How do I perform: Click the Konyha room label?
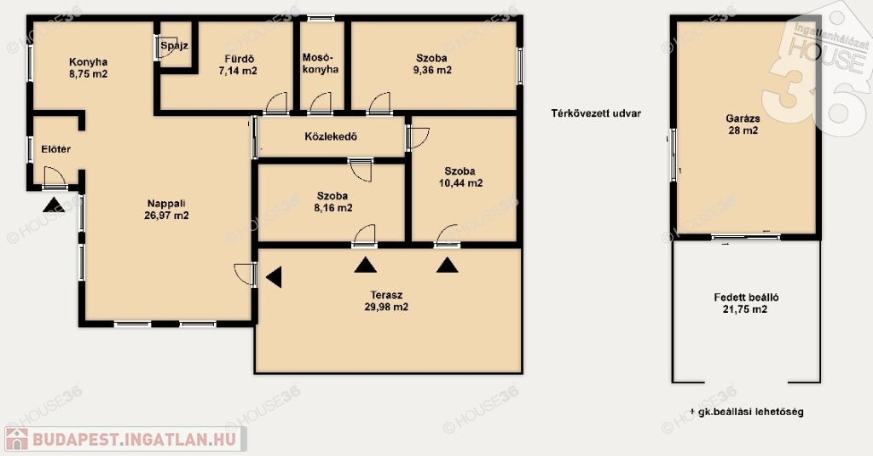pos(88,62)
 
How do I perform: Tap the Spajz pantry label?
pos(174,46)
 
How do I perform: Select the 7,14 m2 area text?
pos(238,71)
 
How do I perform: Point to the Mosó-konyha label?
pos(321,63)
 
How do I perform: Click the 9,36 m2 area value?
pos(432,70)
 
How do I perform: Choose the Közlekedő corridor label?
pos(331,136)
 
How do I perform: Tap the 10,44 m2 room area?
pos(460,183)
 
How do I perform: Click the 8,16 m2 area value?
pos(333,208)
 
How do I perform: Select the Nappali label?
pos(166,203)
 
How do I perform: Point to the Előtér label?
pos(56,149)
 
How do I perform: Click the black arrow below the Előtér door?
pos(54,205)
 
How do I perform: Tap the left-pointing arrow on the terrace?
pos(274,277)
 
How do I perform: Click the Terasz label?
pos(386,295)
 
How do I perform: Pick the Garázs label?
pos(743,118)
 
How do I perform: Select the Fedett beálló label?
pos(746,297)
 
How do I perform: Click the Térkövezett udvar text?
pos(596,113)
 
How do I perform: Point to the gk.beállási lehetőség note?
pos(747,412)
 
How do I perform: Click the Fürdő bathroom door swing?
pos(276,104)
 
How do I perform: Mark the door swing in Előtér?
pos(55,177)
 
